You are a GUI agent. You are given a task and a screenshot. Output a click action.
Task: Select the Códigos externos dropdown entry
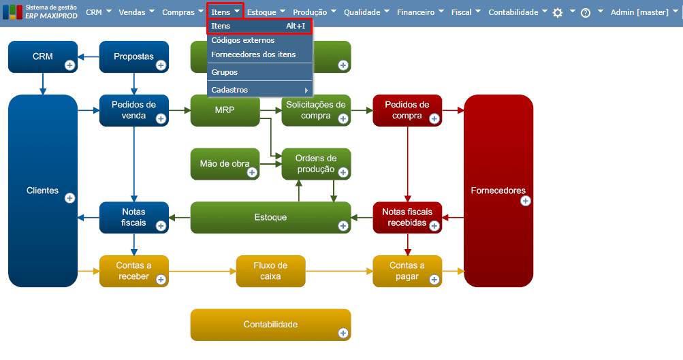[243, 41]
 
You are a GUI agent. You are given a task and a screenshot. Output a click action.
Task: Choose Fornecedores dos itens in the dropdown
[253, 54]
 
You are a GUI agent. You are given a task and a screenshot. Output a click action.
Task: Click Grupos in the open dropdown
[225, 72]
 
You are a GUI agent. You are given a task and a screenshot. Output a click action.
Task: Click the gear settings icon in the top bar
[558, 13]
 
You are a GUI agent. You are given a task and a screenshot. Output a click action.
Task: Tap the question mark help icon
[585, 13]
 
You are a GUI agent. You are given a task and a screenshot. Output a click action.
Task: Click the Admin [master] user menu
[639, 12]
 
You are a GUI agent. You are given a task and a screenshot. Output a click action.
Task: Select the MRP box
[225, 110]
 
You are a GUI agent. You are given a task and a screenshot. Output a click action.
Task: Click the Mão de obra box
[225, 164]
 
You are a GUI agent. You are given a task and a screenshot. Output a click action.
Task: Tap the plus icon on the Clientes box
[69, 198]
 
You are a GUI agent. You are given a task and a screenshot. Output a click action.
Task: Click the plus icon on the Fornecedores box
[525, 201]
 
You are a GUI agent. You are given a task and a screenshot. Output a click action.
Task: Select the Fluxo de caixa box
[270, 271]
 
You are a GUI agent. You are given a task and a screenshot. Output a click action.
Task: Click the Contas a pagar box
[407, 271]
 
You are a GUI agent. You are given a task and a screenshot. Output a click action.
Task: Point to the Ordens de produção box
[316, 164]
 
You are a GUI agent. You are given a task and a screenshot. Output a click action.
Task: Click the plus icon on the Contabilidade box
[343, 333]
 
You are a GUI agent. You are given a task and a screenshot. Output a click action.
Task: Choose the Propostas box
[133, 57]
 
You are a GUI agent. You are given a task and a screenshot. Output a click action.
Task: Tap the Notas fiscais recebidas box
[407, 217]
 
